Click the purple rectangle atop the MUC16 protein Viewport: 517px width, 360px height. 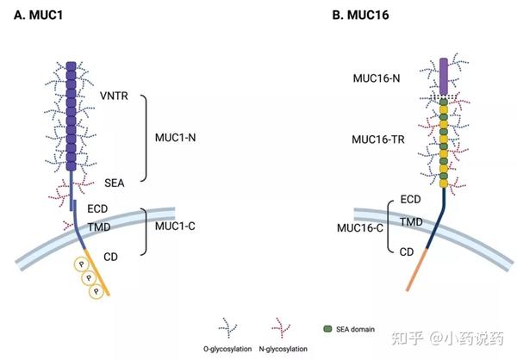[445, 76]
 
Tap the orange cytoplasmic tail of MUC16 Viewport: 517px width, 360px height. [406, 284]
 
